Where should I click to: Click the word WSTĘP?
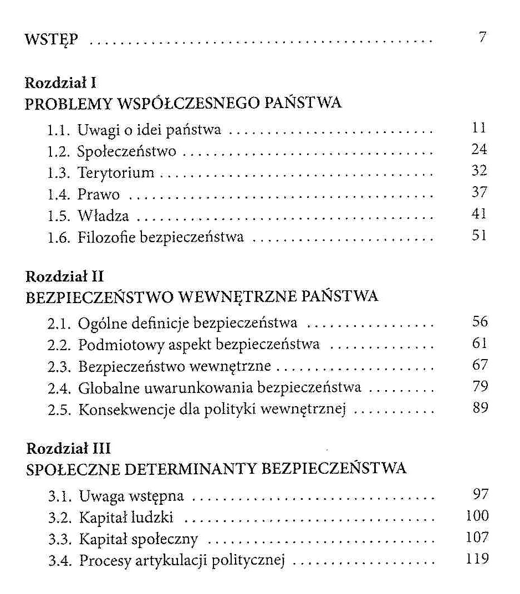tap(52, 40)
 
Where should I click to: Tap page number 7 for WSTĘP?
tap(482, 38)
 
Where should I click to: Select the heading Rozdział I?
tap(62, 83)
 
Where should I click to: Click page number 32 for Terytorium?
tap(479, 171)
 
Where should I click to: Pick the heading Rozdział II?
tap(65, 276)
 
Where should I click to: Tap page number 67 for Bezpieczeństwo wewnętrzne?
tap(480, 365)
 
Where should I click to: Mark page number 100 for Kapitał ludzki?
tap(477, 516)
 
